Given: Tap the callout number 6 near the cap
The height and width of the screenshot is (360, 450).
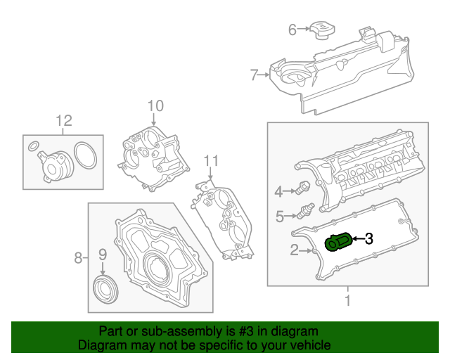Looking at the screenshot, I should point(292,30).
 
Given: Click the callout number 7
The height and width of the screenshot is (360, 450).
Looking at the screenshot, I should point(255,73).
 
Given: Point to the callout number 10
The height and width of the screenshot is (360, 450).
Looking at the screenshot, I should point(155,105).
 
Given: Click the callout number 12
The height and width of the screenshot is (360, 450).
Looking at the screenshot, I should point(64,120).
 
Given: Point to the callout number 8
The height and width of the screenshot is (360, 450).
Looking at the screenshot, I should point(78,258).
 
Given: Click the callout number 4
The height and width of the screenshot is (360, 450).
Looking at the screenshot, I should point(278,191).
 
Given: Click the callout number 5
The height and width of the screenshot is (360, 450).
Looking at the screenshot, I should point(279,216).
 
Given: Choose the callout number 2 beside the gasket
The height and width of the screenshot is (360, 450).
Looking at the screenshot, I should point(294,250).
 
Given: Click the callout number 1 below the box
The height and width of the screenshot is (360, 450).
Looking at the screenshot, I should point(346,302).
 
